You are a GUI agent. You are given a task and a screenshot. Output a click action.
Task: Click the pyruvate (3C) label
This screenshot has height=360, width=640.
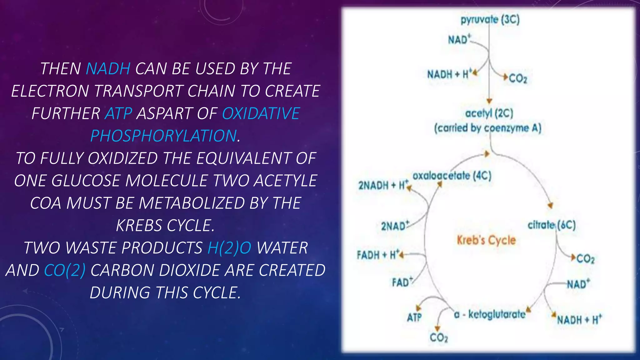pos(490,20)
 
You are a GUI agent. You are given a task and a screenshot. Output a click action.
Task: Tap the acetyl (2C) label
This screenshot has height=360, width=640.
pos(489,113)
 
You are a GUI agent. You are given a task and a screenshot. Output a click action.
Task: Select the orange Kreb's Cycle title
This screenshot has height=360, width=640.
pos(486,240)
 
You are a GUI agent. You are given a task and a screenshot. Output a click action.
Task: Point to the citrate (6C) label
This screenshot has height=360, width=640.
pos(551,225)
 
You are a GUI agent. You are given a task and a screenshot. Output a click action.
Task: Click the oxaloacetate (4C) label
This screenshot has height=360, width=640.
pos(452,176)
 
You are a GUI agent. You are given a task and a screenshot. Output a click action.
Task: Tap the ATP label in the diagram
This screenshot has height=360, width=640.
pos(414,317)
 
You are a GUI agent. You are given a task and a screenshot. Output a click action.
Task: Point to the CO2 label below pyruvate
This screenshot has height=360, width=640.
pos(518,78)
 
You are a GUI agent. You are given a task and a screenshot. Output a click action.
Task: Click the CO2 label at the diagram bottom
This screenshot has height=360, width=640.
pos(439,337)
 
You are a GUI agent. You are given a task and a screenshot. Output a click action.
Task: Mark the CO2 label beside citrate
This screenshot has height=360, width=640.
pos(585,259)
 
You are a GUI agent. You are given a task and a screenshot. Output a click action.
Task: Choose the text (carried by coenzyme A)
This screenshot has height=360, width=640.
pos(487,128)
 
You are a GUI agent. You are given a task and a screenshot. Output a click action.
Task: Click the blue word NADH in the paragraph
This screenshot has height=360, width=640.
pos(108,69)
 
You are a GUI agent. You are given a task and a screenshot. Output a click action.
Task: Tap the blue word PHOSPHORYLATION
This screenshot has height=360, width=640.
pos(163,136)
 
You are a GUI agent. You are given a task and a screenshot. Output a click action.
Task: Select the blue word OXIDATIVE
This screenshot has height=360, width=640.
pos(261,113)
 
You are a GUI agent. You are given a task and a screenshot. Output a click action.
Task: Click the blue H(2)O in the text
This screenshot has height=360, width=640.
pos(229,248)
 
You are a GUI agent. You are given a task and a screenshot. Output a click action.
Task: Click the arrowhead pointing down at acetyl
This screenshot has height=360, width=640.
pos(489,101)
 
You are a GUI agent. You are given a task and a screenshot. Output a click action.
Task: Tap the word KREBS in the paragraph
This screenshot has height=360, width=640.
pos(138,225)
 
